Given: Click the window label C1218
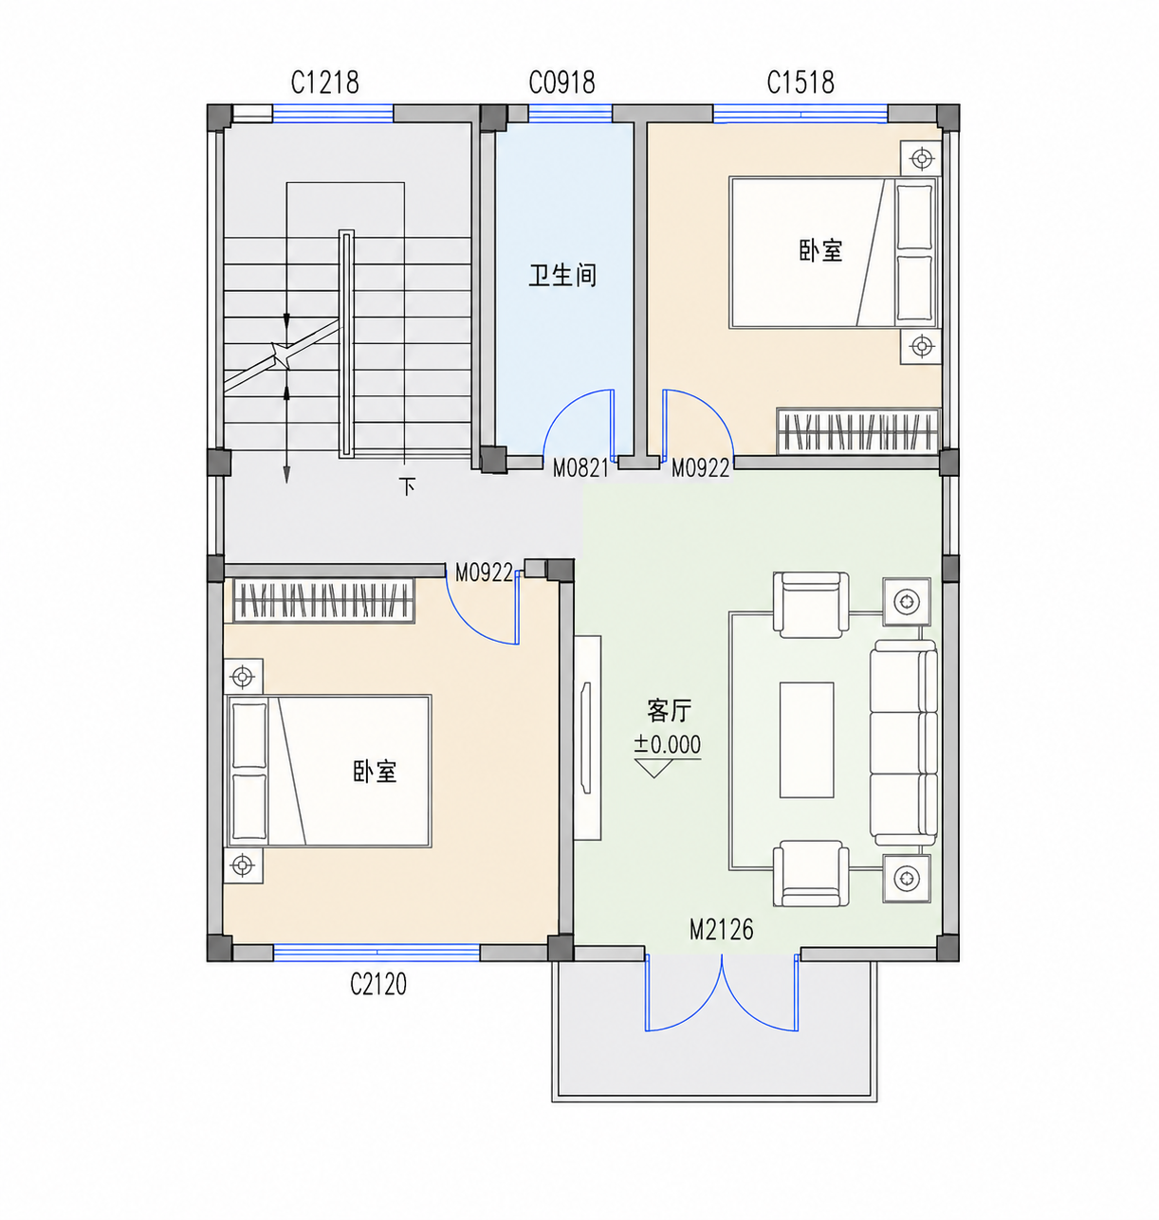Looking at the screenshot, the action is pyautogui.click(x=325, y=82).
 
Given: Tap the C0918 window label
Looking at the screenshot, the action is pyautogui.click(x=561, y=82).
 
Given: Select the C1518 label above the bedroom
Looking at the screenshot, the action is pyautogui.click(x=800, y=82).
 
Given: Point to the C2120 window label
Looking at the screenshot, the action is pyautogui.click(x=378, y=984).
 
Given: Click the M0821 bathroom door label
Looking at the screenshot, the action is pyautogui.click(x=580, y=468).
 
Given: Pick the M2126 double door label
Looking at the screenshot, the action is pyautogui.click(x=721, y=930).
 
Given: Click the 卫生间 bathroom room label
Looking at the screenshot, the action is pyautogui.click(x=562, y=275).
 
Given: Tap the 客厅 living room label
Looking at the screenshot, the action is pyautogui.click(x=669, y=711).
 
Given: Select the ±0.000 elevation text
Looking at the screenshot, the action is pyautogui.click(x=667, y=744).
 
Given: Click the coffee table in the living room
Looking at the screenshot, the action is pyautogui.click(x=807, y=739).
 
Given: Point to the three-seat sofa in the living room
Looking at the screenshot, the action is pyautogui.click(x=904, y=742).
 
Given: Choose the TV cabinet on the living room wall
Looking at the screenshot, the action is pyautogui.click(x=587, y=737).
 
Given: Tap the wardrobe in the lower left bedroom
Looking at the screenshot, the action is pyautogui.click(x=323, y=600).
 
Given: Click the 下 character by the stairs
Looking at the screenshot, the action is pyautogui.click(x=407, y=486).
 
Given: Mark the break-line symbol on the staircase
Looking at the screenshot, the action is pyautogui.click(x=282, y=355).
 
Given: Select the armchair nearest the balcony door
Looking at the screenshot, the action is pyautogui.click(x=811, y=873).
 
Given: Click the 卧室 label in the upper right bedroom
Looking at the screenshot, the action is pyautogui.click(x=820, y=250).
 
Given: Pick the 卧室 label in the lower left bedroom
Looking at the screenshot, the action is pyautogui.click(x=375, y=771).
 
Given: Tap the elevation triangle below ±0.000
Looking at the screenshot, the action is pyautogui.click(x=653, y=768).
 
